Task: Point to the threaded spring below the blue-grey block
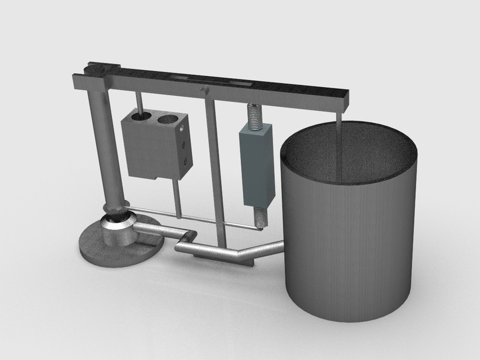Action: point(260,217)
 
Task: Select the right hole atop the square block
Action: point(167,119)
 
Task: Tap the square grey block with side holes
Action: point(152,149)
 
